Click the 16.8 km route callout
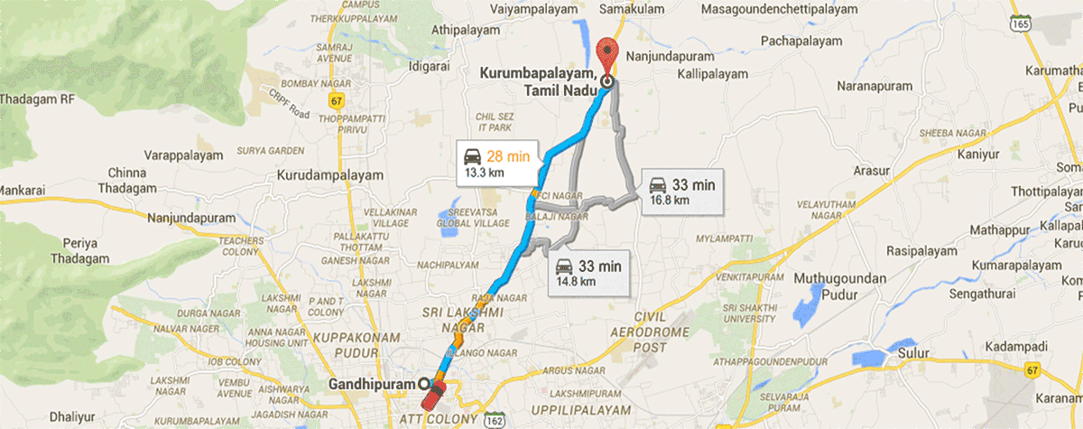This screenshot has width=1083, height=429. [681, 191]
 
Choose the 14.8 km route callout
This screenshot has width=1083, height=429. [588, 272]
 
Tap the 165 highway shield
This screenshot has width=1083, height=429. [1020, 26]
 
